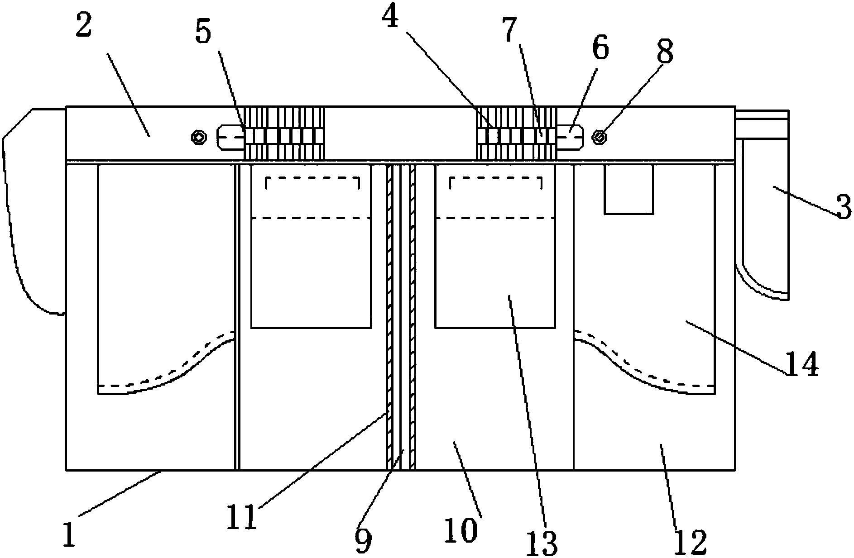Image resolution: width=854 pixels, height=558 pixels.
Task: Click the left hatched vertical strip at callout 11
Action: [389, 317]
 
